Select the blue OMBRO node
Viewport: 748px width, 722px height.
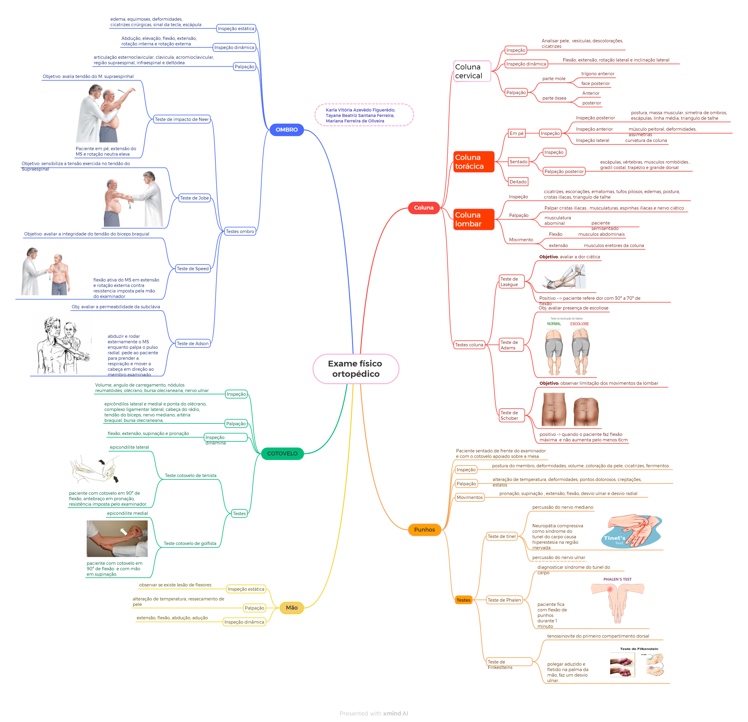[x=286, y=130]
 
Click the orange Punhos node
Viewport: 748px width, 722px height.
[x=424, y=529]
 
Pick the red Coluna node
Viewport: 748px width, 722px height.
[x=424, y=207]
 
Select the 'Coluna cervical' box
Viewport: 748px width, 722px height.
[x=472, y=71]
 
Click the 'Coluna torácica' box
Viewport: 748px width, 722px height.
[x=473, y=162]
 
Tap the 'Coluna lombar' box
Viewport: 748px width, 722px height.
[x=473, y=219]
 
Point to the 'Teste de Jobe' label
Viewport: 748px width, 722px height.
[x=194, y=198]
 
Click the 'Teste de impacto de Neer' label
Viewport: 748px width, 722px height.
[x=182, y=119]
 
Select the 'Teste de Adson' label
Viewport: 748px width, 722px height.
[x=193, y=343]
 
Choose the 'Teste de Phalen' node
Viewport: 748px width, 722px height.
[x=504, y=600]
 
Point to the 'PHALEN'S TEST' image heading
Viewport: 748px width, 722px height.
[x=617, y=579]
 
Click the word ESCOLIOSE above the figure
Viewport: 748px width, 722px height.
[x=579, y=324]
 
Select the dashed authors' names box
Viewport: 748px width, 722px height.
[x=364, y=115]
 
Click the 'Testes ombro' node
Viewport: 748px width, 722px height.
[x=240, y=231]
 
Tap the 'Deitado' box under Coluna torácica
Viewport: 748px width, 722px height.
[x=518, y=182]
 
